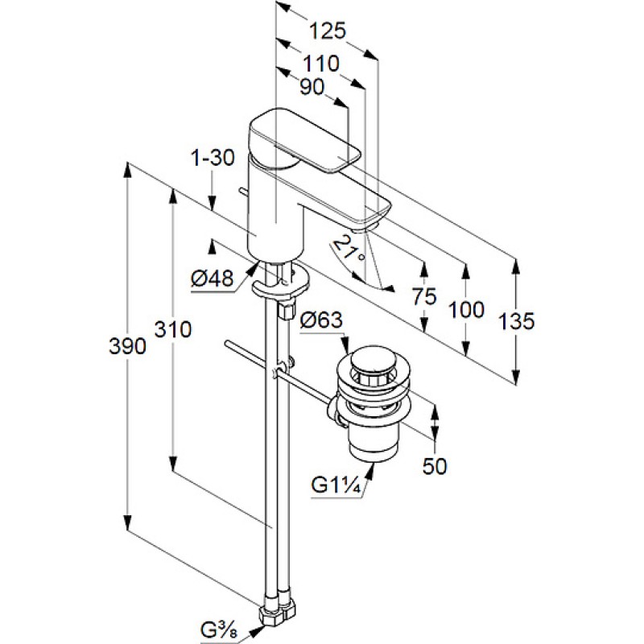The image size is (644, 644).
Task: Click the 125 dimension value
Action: coord(327,31)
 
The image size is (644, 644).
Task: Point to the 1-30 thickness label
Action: coord(213,158)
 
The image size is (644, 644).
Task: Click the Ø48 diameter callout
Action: coord(212,279)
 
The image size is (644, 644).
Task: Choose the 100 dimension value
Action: coord(467,309)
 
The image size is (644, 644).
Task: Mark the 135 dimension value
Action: coord(516,321)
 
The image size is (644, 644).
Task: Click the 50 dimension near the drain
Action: coord(435,465)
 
